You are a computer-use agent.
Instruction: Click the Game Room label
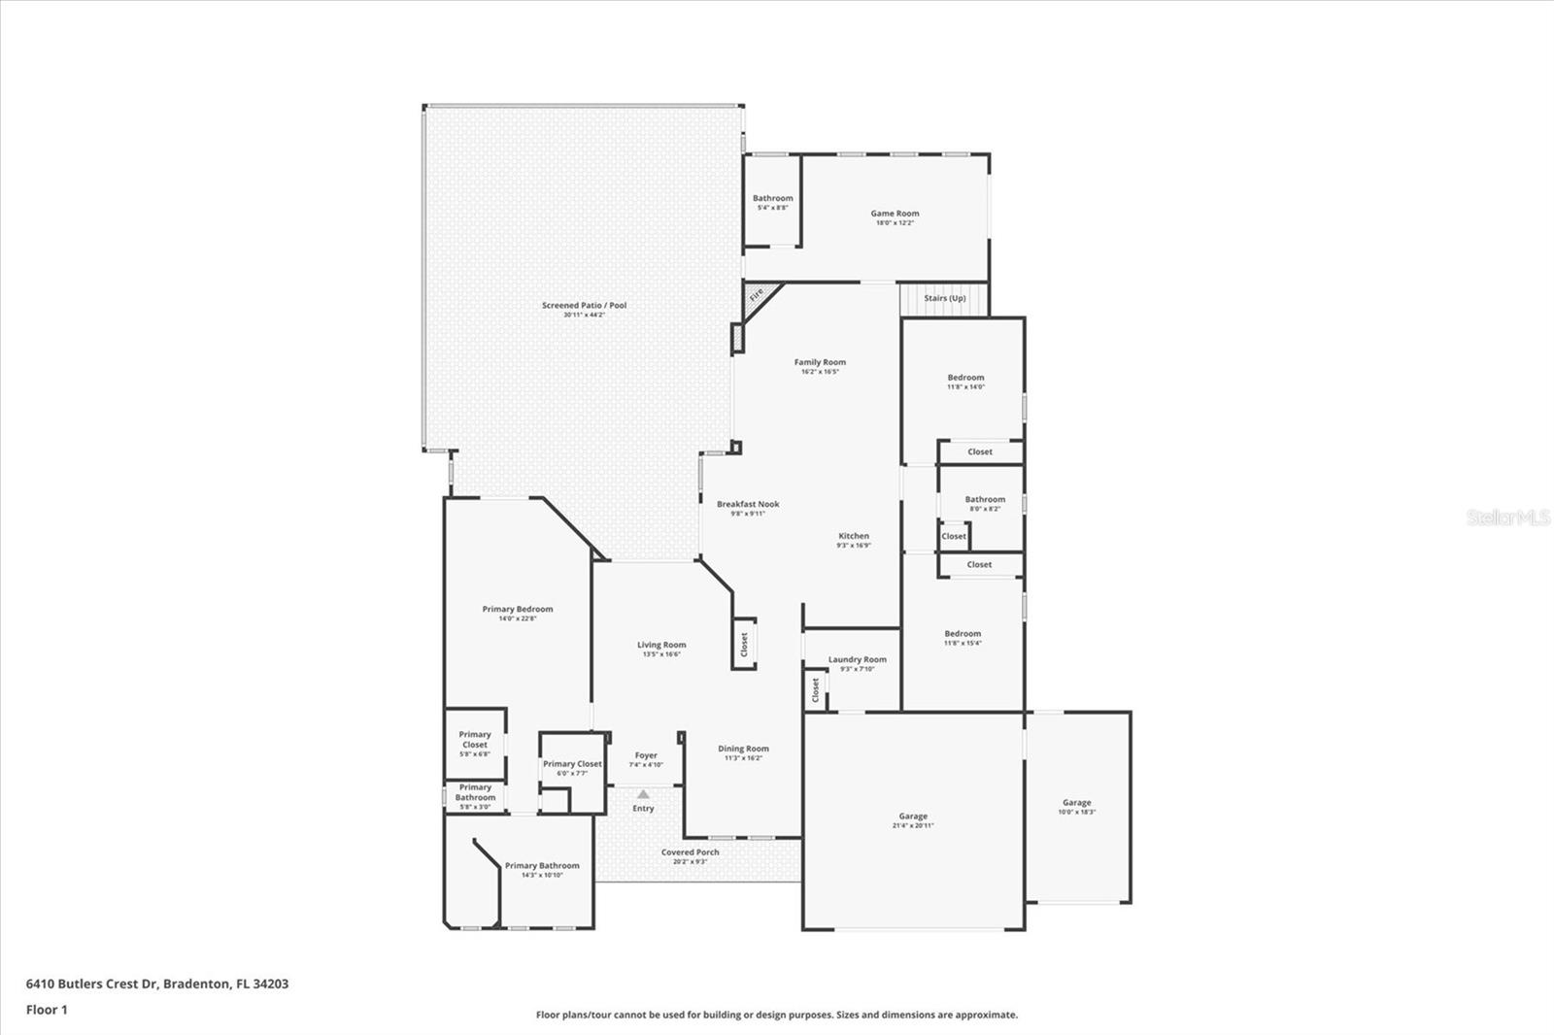(894, 214)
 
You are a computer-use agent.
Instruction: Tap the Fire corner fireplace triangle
(756, 294)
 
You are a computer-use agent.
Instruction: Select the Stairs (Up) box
(944, 298)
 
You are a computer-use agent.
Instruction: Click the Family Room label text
(820, 362)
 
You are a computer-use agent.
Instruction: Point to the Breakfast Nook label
(748, 504)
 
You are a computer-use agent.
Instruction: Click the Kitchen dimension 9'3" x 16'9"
(854, 546)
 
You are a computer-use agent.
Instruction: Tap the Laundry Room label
(857, 659)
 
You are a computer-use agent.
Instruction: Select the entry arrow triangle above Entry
(643, 794)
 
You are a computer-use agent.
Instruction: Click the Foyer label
(646, 755)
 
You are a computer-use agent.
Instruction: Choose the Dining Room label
(743, 749)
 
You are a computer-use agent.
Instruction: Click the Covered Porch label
(691, 852)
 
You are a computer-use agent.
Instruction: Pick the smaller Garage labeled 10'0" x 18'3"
(1076, 807)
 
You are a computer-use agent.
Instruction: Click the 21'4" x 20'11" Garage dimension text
(913, 826)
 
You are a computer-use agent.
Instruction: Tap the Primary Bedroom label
(518, 610)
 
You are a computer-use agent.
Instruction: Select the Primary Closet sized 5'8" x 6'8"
(475, 743)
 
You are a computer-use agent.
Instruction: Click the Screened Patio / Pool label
(584, 306)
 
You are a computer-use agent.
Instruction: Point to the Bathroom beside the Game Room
(772, 202)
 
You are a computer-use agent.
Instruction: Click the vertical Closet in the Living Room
(744, 644)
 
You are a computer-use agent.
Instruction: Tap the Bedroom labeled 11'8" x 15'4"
(963, 637)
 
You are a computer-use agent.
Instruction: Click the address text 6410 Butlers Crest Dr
(92, 984)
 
